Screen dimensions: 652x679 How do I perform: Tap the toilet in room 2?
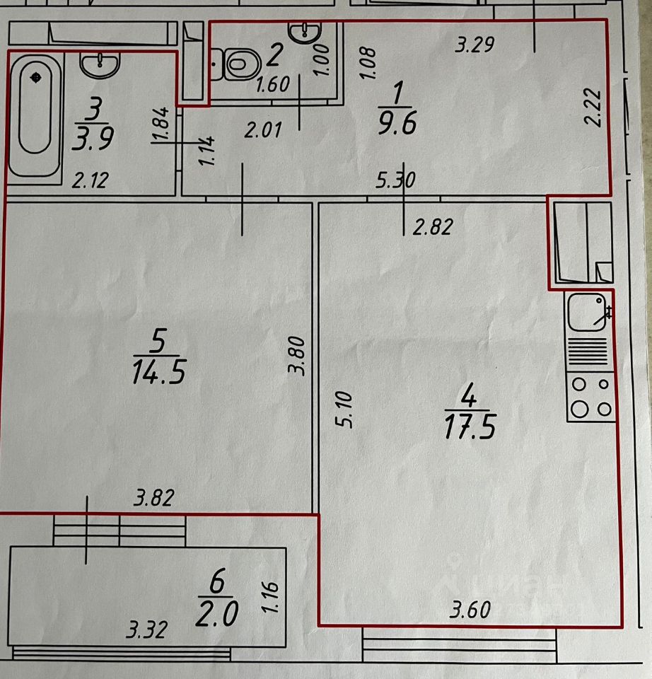[236, 64]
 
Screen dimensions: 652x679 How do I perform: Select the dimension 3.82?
[153, 499]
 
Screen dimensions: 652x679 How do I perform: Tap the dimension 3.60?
[469, 609]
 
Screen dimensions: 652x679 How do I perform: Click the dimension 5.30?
[396, 182]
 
